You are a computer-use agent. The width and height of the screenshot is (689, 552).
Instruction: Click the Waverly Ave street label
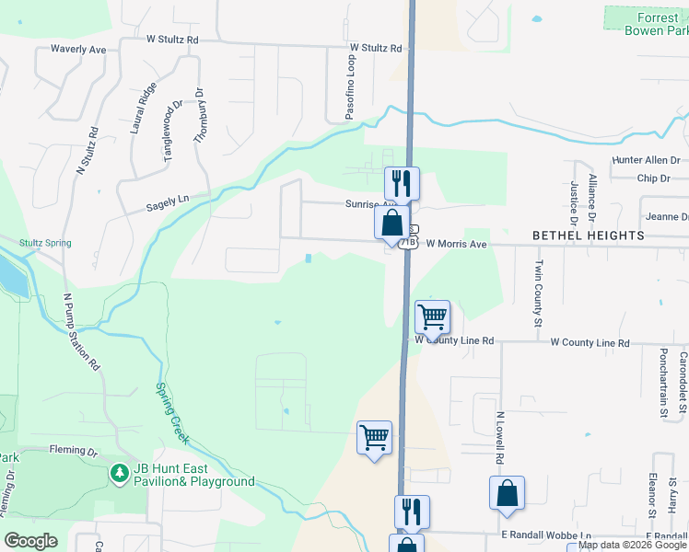tap(78, 49)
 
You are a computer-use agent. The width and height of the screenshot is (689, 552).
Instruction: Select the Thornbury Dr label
tap(198, 115)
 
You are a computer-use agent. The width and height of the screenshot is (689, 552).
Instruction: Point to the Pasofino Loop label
tap(350, 86)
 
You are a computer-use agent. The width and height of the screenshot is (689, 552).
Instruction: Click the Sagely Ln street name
tap(167, 203)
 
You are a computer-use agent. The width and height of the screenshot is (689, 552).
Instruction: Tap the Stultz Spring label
tap(45, 243)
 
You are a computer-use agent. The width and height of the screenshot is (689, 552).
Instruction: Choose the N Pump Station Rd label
tap(80, 331)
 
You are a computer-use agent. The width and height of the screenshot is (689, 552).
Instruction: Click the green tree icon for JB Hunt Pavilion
tap(119, 474)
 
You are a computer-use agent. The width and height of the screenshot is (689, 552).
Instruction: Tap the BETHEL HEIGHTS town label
tap(589, 236)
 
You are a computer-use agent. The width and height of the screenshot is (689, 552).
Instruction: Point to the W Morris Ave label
tap(455, 245)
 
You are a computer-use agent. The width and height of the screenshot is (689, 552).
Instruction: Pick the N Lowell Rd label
tap(499, 437)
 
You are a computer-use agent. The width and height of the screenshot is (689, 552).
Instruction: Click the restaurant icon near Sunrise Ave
tap(402, 181)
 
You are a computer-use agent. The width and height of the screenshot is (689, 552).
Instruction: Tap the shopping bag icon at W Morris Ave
tap(391, 221)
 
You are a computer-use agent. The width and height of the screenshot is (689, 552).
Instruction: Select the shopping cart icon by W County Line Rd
tap(432, 316)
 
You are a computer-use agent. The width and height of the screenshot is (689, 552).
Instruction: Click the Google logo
tap(30, 541)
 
